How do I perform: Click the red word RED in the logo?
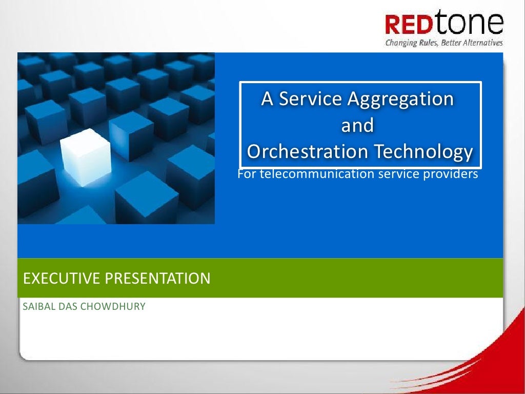[x=409, y=25]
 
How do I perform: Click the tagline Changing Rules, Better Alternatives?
[x=444, y=43]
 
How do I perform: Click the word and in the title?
[x=357, y=125]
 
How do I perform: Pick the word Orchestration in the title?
[x=307, y=151]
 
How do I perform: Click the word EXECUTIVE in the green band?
[x=62, y=279]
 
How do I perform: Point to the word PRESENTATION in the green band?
[x=158, y=279]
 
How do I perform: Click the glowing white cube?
[x=86, y=157]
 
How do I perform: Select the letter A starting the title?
[x=267, y=98]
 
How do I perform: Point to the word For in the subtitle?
[x=247, y=174]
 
